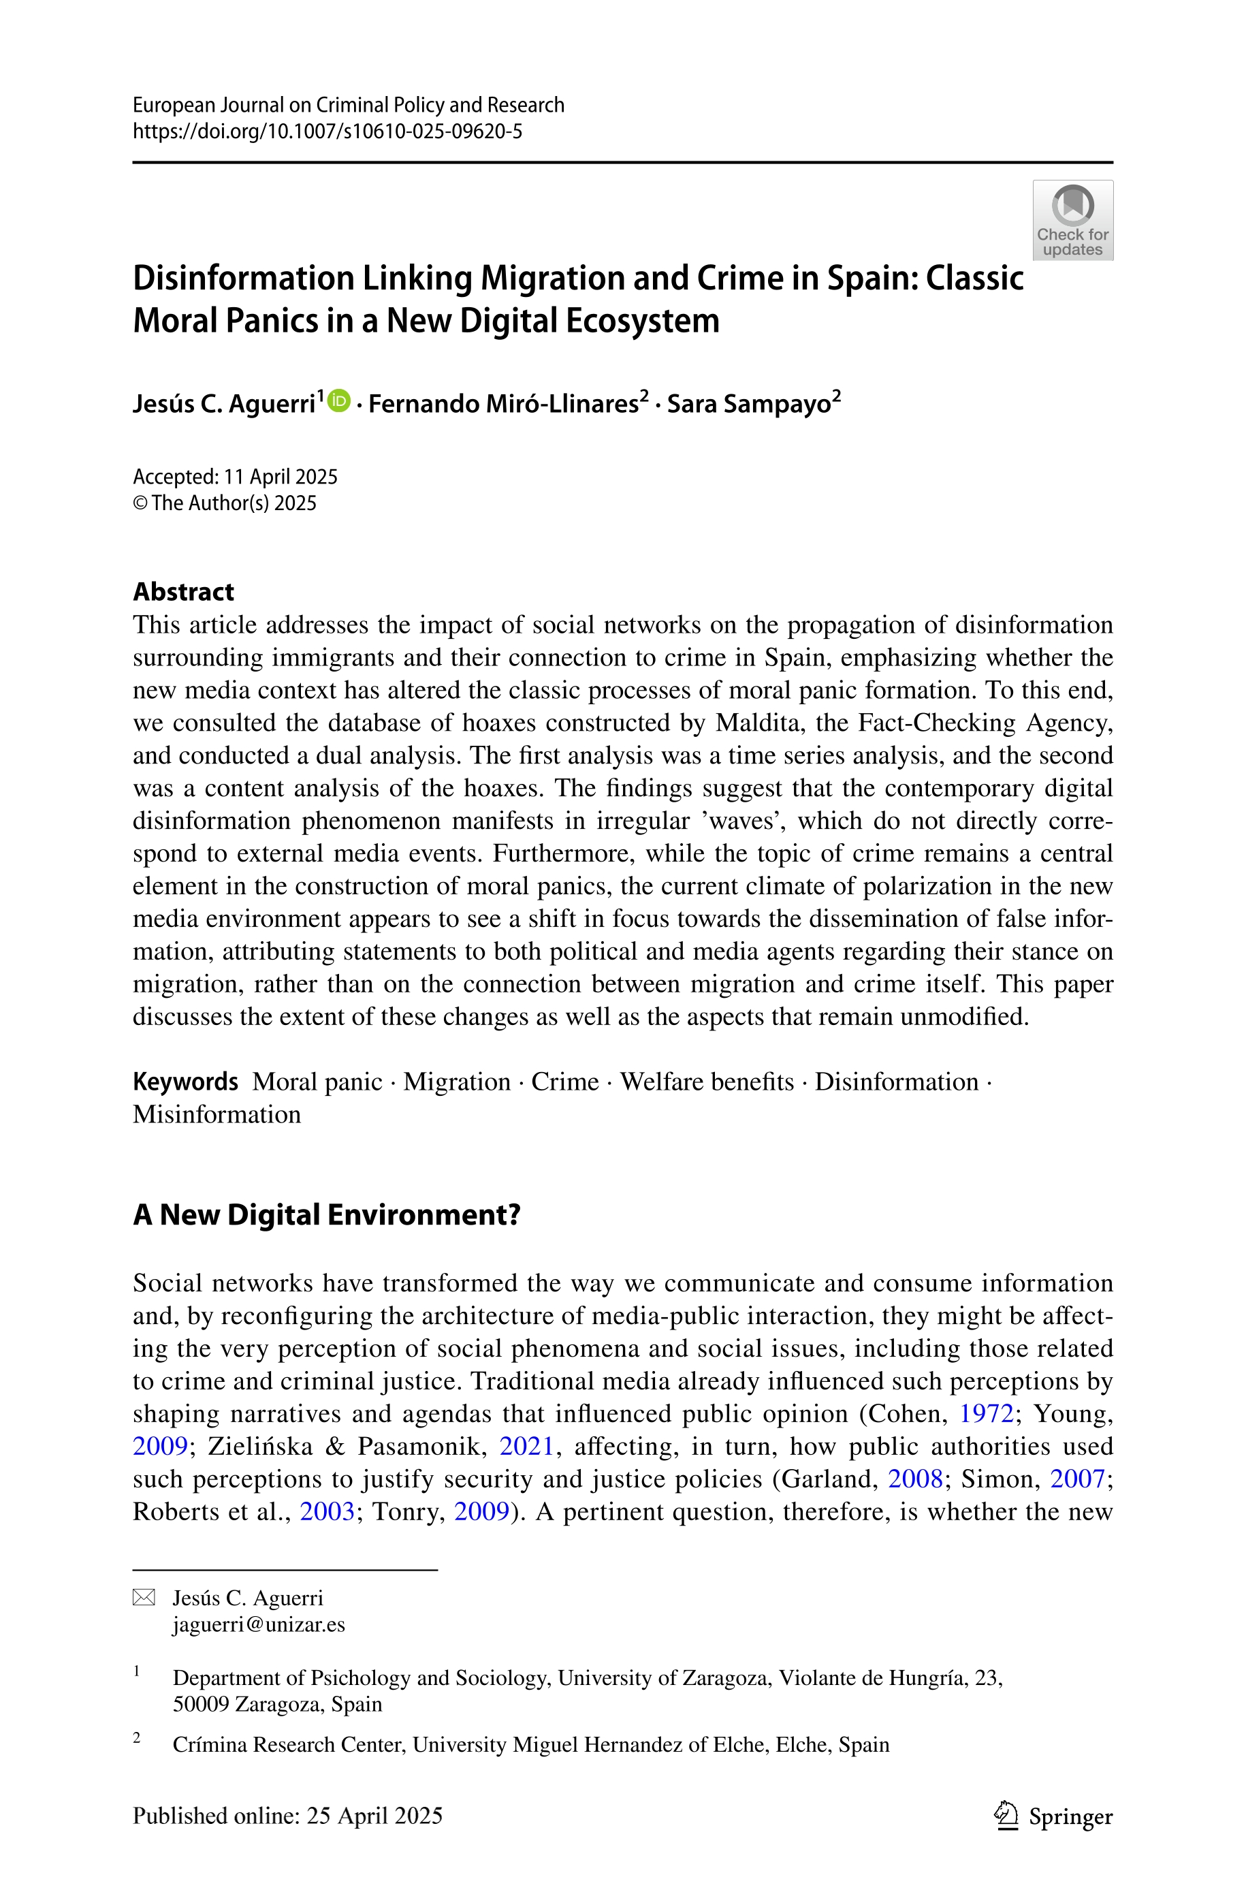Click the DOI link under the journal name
[x=328, y=131]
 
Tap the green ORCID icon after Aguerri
[x=339, y=400]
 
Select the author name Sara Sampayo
[x=748, y=404]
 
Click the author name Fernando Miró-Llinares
[x=504, y=404]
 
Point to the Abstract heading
[x=184, y=591]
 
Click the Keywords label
[x=185, y=1082]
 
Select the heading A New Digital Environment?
[x=327, y=1214]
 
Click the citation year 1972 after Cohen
[x=986, y=1413]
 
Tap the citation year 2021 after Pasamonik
[x=526, y=1446]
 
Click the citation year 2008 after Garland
[x=914, y=1479]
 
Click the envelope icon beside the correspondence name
[x=144, y=1598]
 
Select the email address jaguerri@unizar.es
[x=259, y=1624]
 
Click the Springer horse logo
[x=1007, y=1815]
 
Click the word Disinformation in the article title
[x=243, y=278]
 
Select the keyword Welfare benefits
[x=707, y=1082]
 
